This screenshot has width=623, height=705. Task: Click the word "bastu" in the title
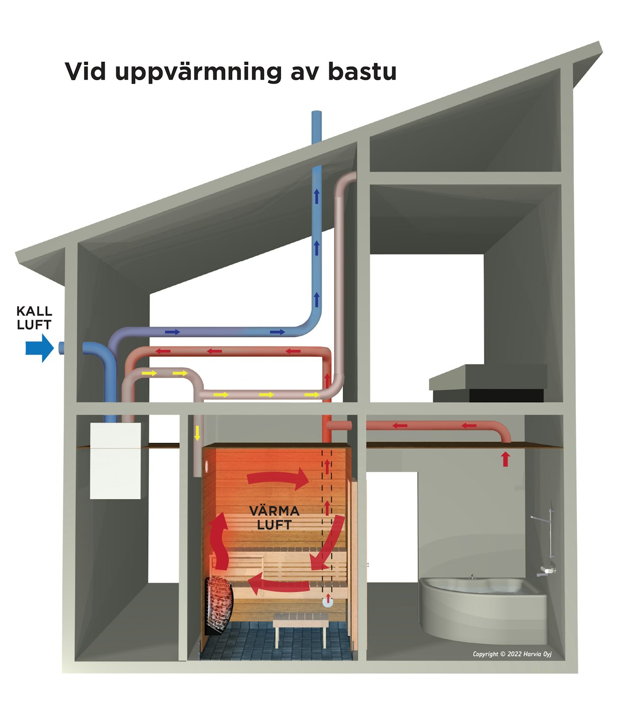362,72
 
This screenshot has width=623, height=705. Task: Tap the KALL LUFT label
34,318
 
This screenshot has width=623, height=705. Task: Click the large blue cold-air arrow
39,347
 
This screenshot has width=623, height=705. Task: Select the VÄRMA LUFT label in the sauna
274,518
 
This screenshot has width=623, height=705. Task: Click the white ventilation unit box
115,461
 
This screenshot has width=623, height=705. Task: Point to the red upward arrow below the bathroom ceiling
505,459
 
